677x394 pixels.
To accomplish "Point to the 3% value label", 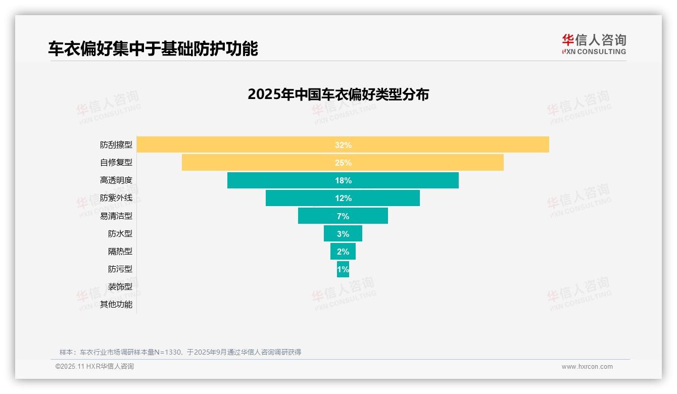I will coord(343,234).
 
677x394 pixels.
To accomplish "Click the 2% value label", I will coord(343,252).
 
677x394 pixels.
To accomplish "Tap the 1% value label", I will coord(343,269).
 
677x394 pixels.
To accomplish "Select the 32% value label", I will coord(343,145).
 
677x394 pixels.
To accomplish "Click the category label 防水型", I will coord(120,234).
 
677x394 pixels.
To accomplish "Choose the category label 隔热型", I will coord(120,252).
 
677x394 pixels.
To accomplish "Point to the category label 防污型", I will coord(120,269).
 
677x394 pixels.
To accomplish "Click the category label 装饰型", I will coord(120,287).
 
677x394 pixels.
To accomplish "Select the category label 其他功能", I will coord(116,305).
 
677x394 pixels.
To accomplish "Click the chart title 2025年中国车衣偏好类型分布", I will coord(338,94).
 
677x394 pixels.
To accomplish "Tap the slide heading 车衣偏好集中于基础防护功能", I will coord(153,48).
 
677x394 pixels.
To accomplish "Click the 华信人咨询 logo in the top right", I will coord(594,44).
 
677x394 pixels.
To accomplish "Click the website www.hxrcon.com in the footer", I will coord(587,367).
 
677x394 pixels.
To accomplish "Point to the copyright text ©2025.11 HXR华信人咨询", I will coord(94,367).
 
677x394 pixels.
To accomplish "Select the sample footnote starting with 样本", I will coord(180,352).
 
